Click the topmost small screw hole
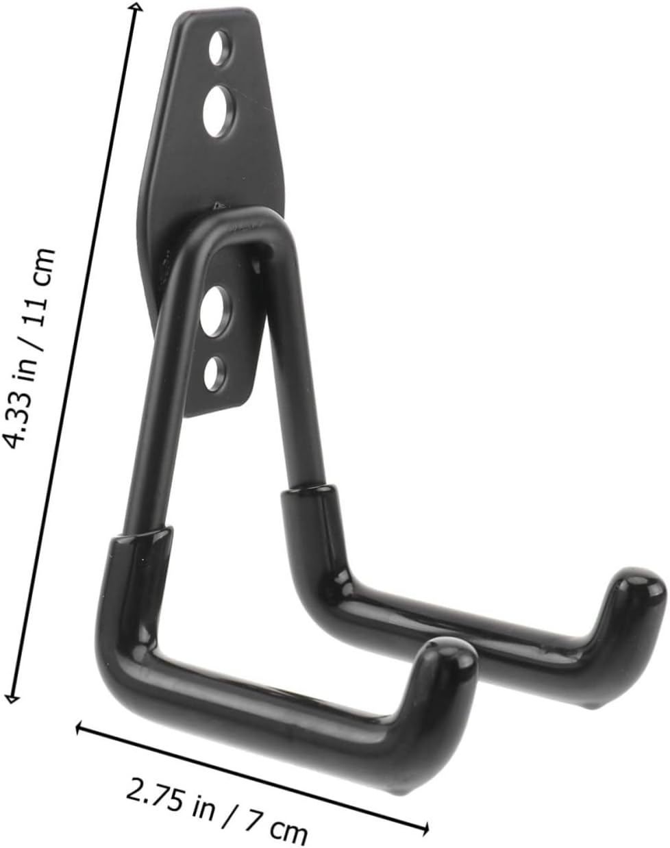219,48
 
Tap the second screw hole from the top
219,111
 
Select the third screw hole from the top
215,312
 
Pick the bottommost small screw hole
216,373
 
